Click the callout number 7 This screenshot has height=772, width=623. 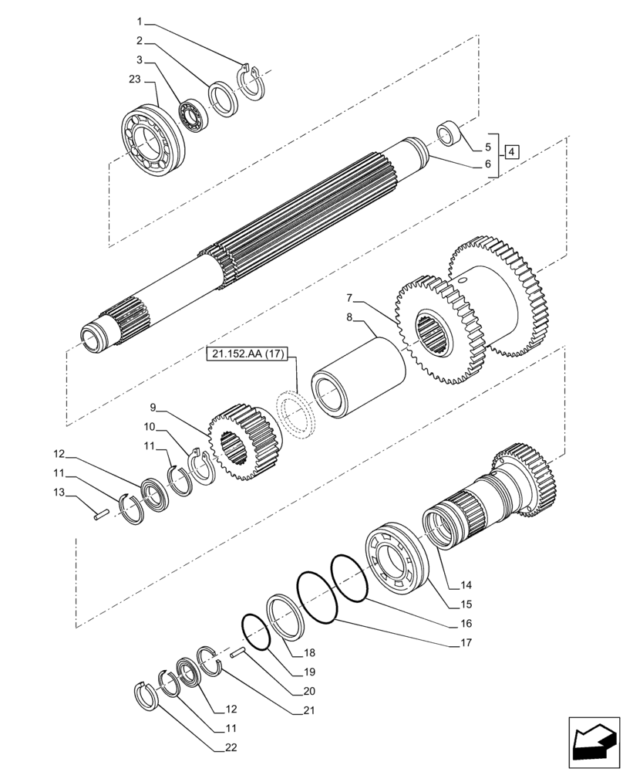click(x=349, y=298)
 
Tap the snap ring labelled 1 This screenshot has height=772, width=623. click(x=251, y=80)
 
